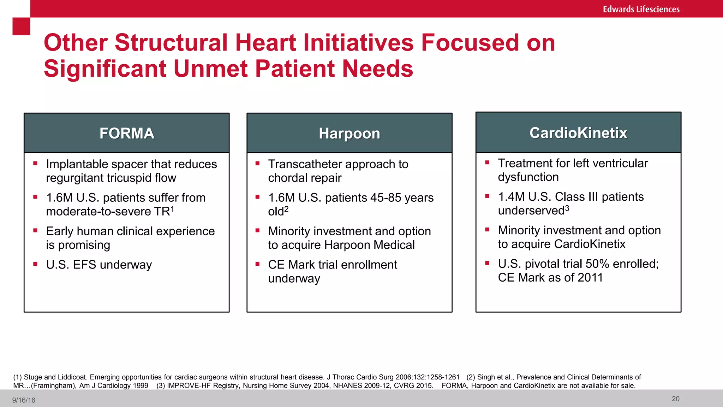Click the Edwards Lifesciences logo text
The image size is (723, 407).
(x=641, y=9)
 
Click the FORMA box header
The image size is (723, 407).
(x=127, y=133)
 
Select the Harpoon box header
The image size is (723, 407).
(x=349, y=134)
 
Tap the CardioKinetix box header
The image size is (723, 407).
(x=578, y=133)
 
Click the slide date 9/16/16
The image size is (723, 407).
(x=24, y=400)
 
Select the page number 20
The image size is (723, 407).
(x=675, y=399)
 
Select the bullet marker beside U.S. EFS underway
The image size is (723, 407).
(x=35, y=264)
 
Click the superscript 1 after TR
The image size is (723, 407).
(x=172, y=209)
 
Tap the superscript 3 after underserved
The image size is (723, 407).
(x=567, y=208)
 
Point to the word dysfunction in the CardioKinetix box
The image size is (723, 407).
(x=528, y=177)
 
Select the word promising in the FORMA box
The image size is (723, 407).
(x=84, y=245)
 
